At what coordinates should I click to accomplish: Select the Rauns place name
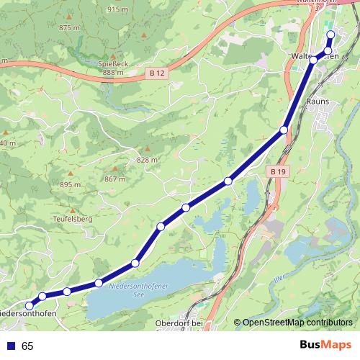click(318, 102)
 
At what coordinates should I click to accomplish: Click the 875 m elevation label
click(70, 27)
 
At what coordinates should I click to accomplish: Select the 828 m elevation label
click(146, 160)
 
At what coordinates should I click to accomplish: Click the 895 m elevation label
click(71, 185)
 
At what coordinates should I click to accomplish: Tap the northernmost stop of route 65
click(330, 35)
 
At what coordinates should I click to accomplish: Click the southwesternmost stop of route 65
click(30, 306)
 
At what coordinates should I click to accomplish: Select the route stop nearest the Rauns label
click(284, 130)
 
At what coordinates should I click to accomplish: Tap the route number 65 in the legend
click(27, 346)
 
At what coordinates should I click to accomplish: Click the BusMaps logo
click(325, 346)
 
